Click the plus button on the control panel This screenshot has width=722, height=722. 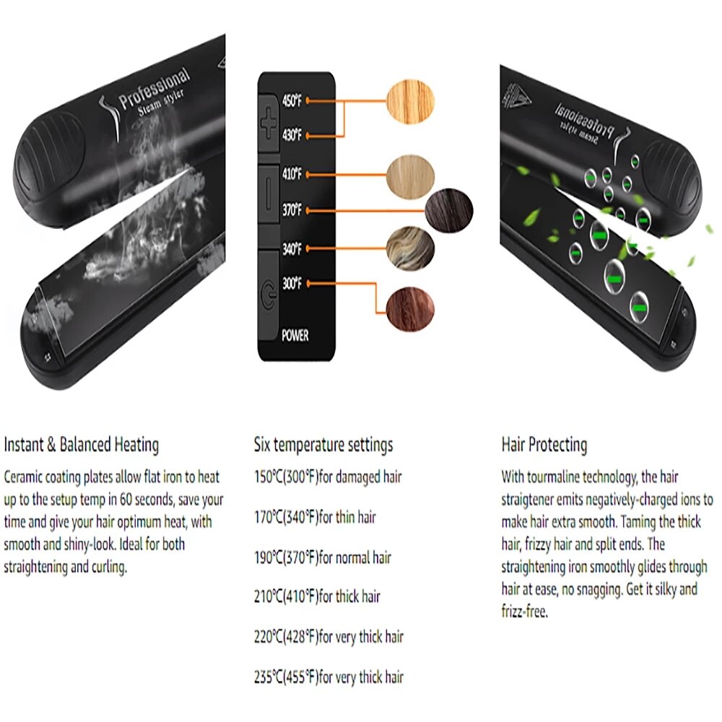point(269,123)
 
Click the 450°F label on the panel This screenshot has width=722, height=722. point(292,100)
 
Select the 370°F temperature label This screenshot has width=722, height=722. point(292,210)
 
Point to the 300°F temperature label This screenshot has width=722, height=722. point(292,283)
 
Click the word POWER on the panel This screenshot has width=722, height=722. point(295,335)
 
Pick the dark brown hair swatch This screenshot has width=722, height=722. point(448,211)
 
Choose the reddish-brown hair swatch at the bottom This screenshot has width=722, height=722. point(410,308)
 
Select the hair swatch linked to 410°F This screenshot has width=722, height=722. point(410,175)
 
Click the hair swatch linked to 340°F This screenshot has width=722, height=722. point(410,248)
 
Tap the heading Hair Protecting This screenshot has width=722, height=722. point(544,445)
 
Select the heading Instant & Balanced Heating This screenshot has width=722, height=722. point(82,445)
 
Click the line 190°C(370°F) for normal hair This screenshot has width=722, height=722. point(322,557)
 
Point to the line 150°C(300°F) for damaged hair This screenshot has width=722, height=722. point(328,477)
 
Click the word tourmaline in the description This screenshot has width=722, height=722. point(554,477)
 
